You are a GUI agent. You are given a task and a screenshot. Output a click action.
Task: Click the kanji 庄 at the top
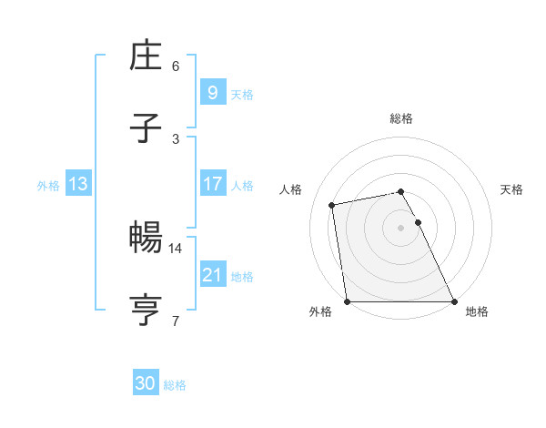(147, 56)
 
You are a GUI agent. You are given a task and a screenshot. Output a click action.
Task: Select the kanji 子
(147, 129)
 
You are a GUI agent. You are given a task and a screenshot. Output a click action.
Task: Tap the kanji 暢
(147, 239)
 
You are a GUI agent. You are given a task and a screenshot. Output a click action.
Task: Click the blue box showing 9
(212, 92)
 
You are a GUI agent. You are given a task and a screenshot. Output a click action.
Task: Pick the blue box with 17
(212, 184)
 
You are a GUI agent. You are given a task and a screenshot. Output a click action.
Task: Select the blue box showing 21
(212, 275)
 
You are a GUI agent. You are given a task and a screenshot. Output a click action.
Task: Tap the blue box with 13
(78, 184)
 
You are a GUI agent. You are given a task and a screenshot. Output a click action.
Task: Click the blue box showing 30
(146, 383)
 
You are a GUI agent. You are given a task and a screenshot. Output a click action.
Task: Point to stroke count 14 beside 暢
(177, 248)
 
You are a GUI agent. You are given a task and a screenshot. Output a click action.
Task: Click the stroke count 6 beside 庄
(176, 66)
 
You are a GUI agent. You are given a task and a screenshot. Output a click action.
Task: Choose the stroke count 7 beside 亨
(176, 321)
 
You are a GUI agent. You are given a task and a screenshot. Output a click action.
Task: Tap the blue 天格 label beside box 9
(242, 94)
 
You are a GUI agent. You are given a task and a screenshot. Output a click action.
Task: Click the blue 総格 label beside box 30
(175, 385)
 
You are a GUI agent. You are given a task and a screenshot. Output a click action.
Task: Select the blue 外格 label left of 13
(48, 186)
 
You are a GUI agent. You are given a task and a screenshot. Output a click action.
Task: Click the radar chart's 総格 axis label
(401, 118)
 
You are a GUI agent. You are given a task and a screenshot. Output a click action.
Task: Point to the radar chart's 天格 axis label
(512, 189)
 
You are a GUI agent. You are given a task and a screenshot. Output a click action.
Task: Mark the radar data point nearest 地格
(454, 301)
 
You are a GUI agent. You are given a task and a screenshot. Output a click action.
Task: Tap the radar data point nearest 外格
(348, 301)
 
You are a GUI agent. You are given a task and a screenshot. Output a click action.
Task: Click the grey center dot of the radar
(401, 228)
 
